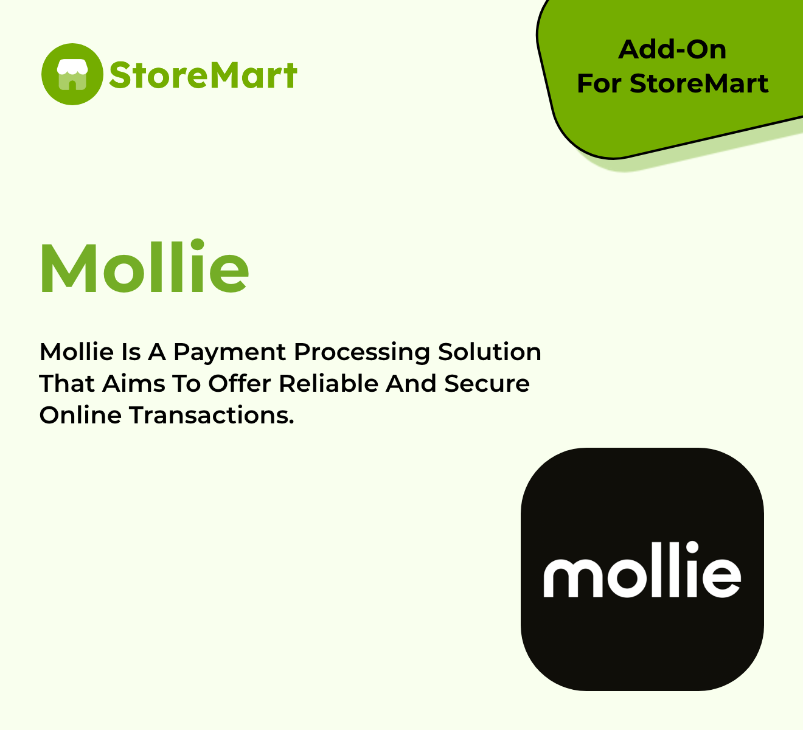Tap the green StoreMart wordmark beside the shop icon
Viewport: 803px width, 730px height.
(x=203, y=75)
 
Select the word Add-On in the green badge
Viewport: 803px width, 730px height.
(x=672, y=50)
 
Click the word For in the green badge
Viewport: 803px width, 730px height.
(x=599, y=84)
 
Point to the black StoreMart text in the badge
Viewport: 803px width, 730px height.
(x=699, y=84)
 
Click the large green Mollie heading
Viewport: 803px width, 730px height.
(x=144, y=266)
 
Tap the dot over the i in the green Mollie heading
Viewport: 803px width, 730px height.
(x=197, y=245)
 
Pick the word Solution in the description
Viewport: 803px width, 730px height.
(x=490, y=352)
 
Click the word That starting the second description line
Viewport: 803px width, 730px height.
(x=66, y=384)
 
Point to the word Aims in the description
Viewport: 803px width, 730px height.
(x=133, y=384)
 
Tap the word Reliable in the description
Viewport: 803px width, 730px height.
(x=328, y=384)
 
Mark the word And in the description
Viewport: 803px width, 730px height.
(x=411, y=384)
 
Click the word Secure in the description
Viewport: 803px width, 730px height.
(x=487, y=384)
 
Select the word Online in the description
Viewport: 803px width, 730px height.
(x=80, y=415)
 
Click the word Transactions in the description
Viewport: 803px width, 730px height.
(x=212, y=415)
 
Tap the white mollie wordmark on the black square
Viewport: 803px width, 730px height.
(x=642, y=569)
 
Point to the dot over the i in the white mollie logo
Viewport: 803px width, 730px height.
(x=692, y=547)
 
